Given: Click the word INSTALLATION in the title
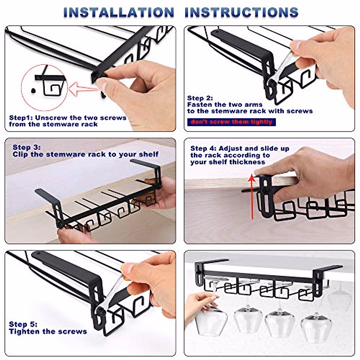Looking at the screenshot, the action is pyautogui.click(x=119, y=12).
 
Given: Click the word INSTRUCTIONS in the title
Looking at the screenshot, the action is pyautogui.click(x=241, y=12).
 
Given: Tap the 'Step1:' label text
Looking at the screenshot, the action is pyautogui.click(x=21, y=118).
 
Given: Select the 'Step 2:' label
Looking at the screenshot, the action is pyautogui.click(x=200, y=98).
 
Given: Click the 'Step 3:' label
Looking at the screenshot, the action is pyautogui.click(x=26, y=147).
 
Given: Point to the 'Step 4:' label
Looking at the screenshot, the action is pyautogui.click(x=203, y=148).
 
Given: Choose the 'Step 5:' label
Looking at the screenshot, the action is pyautogui.click(x=23, y=324).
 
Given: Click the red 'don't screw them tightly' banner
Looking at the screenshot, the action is pyautogui.click(x=232, y=122).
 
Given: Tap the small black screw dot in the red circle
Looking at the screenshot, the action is pyautogui.click(x=33, y=91).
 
